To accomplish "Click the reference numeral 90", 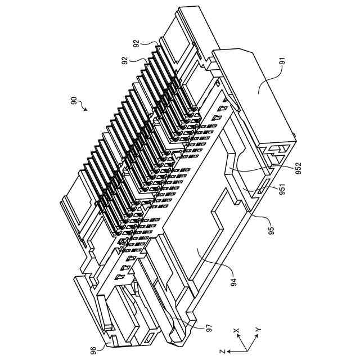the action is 74,101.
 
